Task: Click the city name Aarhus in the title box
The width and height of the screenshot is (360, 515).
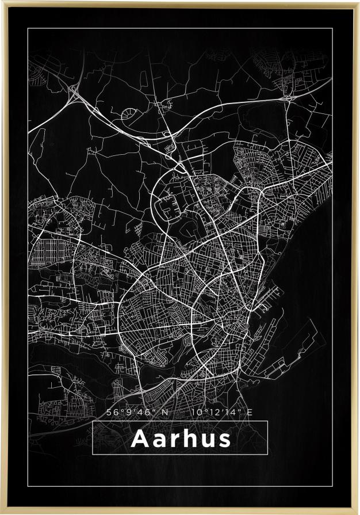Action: point(181,439)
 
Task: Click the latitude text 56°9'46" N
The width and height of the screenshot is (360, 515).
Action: point(137,412)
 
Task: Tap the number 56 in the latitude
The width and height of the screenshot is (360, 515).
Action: point(112,412)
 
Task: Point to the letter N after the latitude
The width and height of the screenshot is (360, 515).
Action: point(165,412)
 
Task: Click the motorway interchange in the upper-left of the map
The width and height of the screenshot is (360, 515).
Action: point(74,91)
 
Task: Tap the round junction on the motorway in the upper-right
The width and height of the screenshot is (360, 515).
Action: point(287,98)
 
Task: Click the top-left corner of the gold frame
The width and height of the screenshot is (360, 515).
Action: point(2,2)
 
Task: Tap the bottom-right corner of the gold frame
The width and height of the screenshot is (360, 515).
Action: point(358,513)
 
